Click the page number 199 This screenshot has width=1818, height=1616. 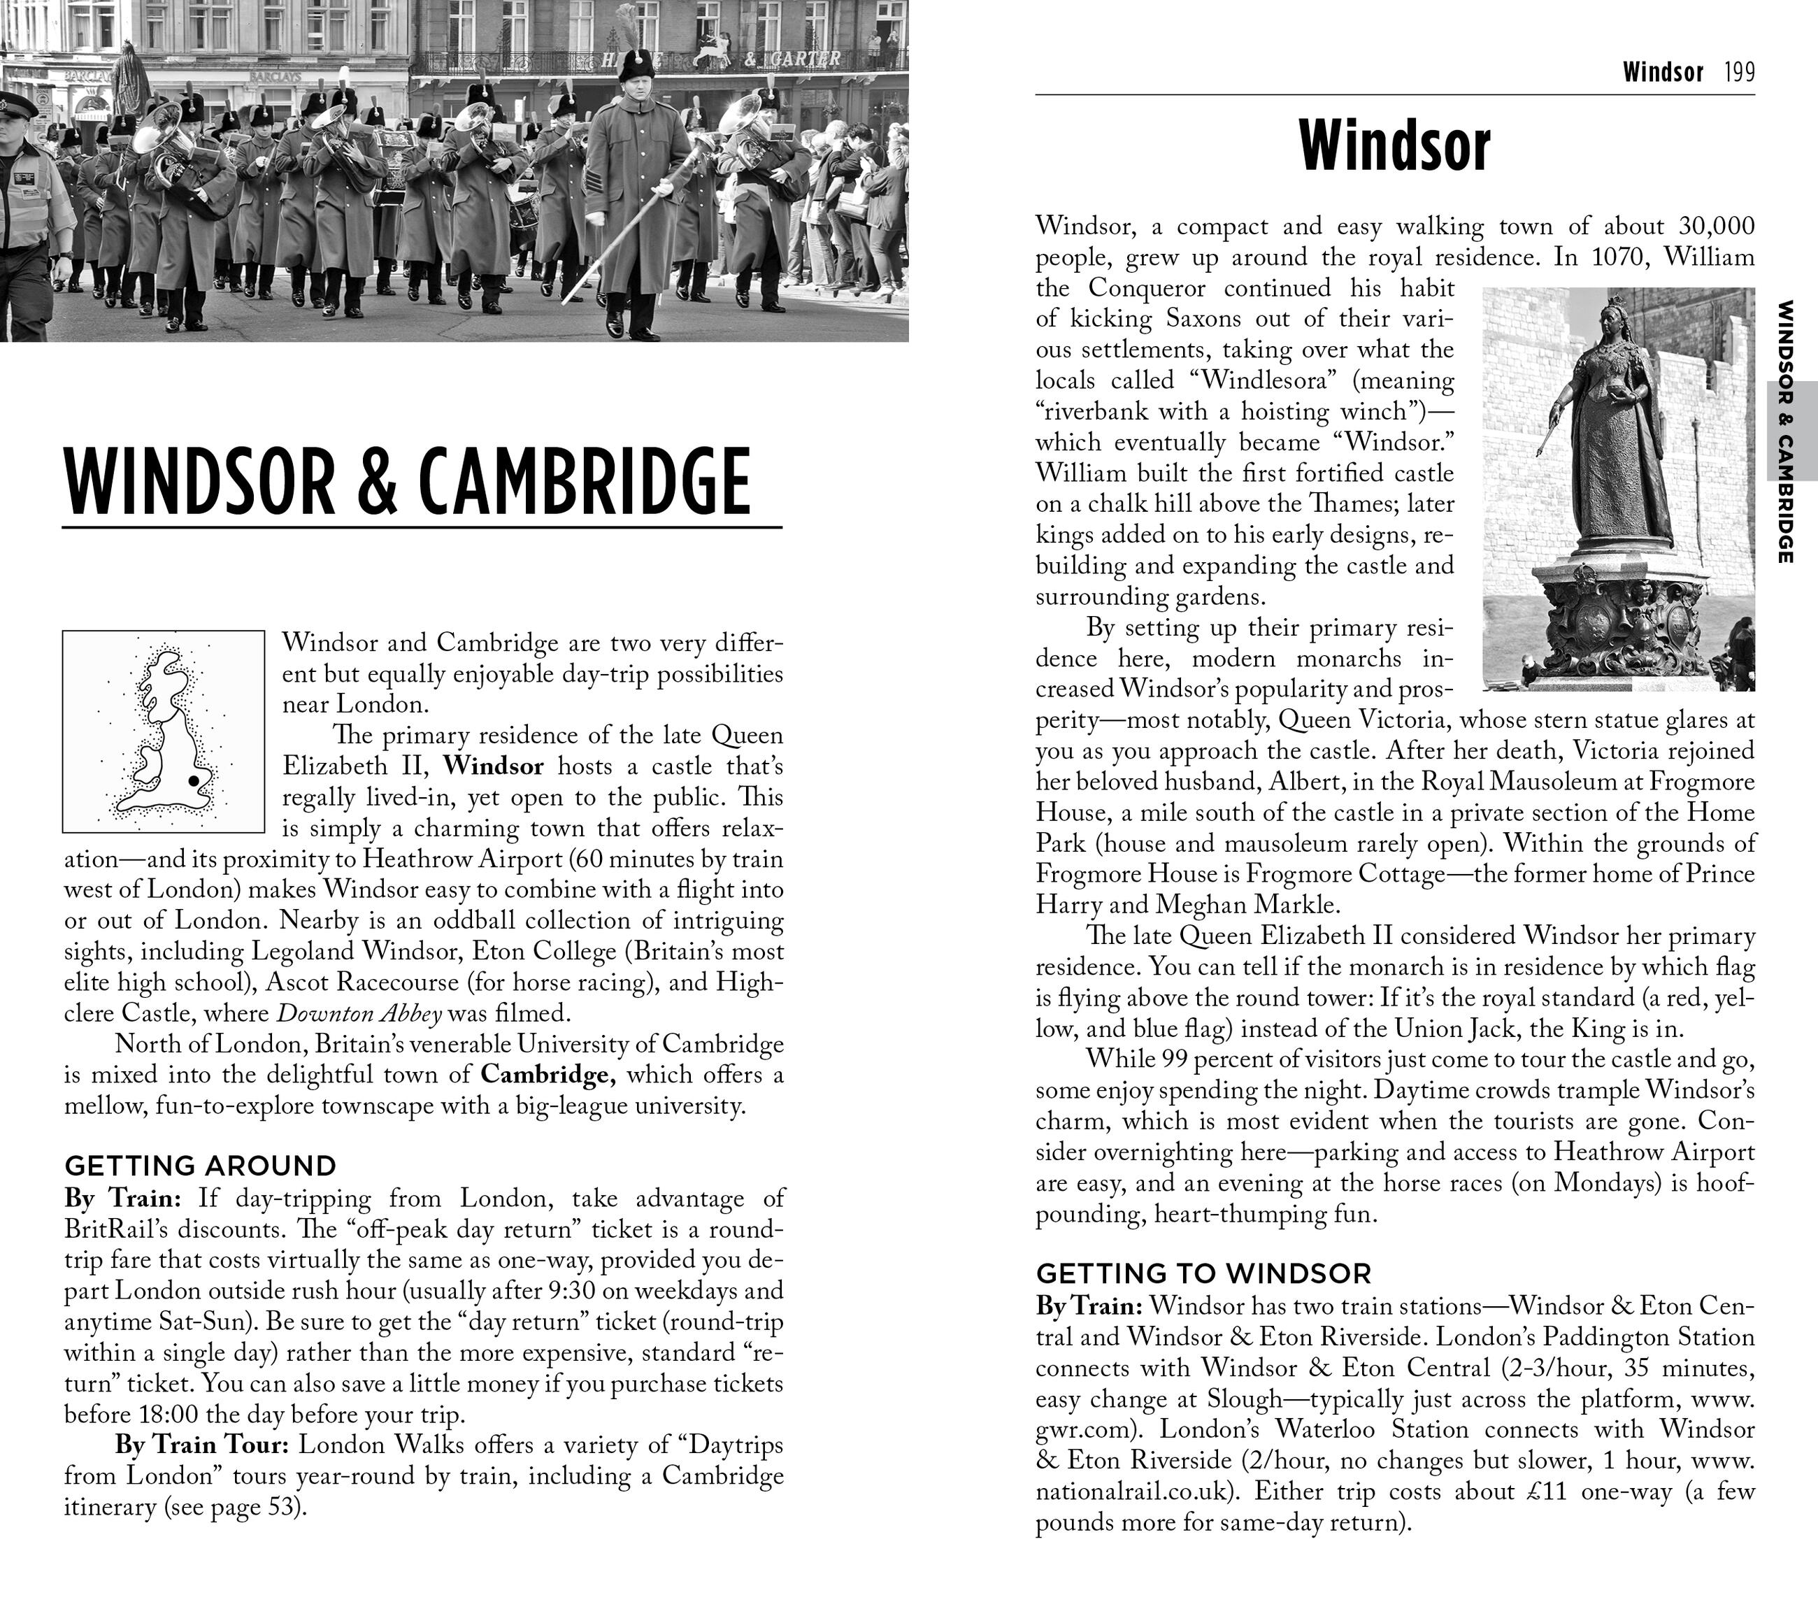[1739, 72]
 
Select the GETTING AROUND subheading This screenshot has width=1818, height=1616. [200, 1165]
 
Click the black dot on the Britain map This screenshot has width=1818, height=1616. [193, 781]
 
